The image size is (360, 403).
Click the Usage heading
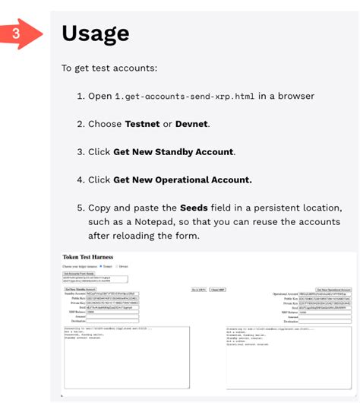click(95, 33)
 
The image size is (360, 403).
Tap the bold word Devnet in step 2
click(192, 124)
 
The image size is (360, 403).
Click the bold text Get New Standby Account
click(174, 152)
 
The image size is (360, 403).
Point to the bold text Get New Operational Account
click(182, 180)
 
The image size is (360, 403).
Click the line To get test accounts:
click(109, 68)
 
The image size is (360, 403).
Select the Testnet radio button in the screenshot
click(102, 267)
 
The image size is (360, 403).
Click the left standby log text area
click(125, 357)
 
